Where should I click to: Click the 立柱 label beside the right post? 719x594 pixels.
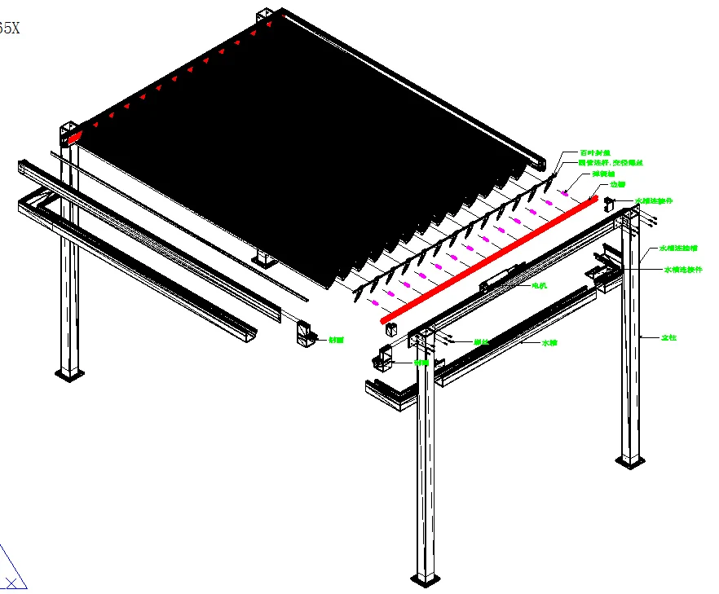pyautogui.click(x=668, y=337)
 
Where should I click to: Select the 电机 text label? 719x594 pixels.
pyautogui.click(x=539, y=286)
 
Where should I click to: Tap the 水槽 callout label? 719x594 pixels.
pyautogui.click(x=549, y=343)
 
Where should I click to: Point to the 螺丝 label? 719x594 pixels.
pyautogui.click(x=481, y=342)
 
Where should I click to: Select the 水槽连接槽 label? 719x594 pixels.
pyautogui.click(x=678, y=248)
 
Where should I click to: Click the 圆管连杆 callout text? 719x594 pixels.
pyautogui.click(x=611, y=163)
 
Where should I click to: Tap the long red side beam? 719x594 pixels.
pyautogui.click(x=489, y=259)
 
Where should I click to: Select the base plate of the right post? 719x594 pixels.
pyautogui.click(x=630, y=462)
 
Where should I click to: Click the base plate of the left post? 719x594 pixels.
pyautogui.click(x=69, y=374)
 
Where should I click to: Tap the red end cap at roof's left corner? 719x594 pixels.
pyautogui.click(x=74, y=137)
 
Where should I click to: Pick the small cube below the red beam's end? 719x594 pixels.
pyautogui.click(x=390, y=329)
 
